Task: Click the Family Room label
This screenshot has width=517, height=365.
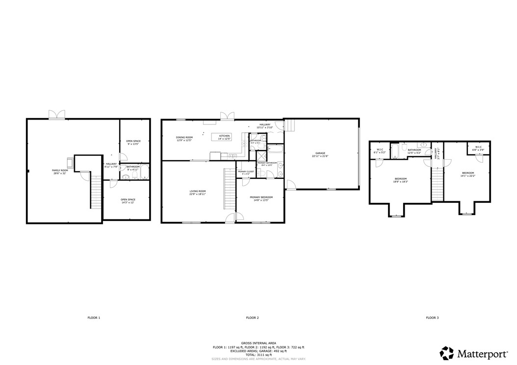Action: coord(60,170)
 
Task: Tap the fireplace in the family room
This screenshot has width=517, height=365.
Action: coord(70,163)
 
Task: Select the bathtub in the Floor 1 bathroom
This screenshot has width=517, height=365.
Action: coord(144,173)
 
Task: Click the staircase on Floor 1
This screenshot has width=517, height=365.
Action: coord(95,192)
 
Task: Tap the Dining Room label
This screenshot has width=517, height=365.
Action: coord(184,137)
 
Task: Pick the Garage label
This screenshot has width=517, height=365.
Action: coord(319,154)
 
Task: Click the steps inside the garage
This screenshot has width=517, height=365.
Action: coord(290,126)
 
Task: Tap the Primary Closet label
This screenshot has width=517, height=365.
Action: coord(246,171)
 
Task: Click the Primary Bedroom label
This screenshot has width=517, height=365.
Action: coord(260,197)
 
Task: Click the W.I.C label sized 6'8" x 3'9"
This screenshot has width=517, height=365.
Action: coord(478,147)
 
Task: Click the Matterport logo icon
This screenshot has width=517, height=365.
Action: coord(446,353)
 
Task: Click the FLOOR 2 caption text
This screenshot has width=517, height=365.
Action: coord(252,318)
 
